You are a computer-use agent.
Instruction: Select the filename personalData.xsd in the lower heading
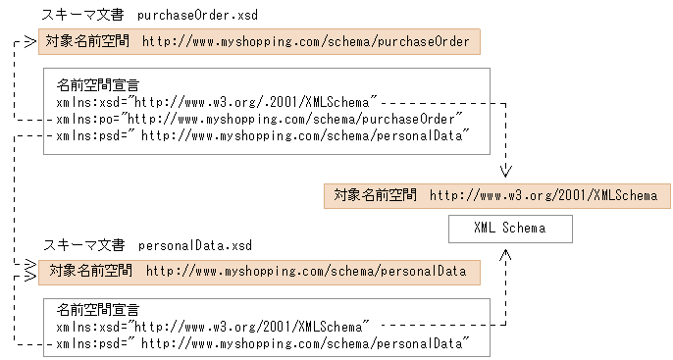click(194, 243)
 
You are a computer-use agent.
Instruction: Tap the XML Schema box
click(508, 229)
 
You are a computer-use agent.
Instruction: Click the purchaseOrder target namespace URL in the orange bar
click(308, 41)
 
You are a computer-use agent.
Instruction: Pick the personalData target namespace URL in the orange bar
click(306, 271)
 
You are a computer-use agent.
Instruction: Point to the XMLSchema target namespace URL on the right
click(544, 195)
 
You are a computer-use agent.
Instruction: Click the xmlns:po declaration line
click(260, 119)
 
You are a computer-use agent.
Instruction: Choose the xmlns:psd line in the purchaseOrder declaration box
click(259, 135)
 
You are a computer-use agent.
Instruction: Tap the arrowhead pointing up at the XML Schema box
click(506, 254)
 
